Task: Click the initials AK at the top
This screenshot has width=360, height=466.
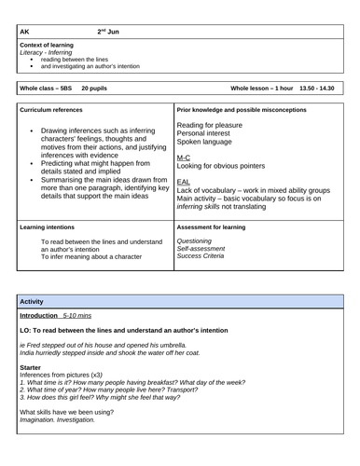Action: tap(24, 33)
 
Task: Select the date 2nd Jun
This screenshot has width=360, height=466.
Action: tap(108, 33)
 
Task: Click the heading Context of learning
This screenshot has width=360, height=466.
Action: tap(46, 47)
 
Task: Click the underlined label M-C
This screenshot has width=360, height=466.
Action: tap(185, 159)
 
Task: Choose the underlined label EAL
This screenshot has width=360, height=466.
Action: tap(184, 181)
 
